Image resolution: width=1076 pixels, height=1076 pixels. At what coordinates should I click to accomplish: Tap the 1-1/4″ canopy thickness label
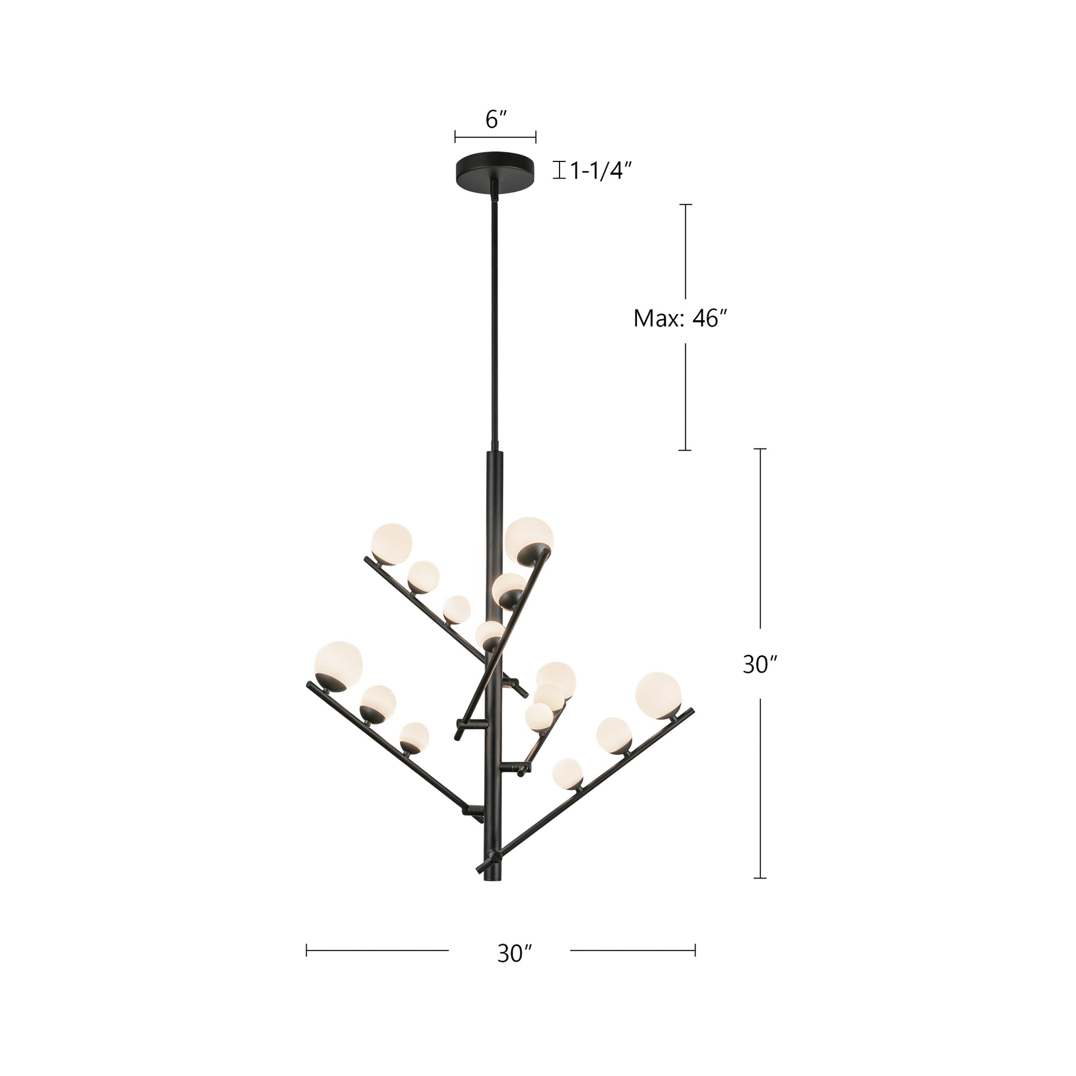click(602, 170)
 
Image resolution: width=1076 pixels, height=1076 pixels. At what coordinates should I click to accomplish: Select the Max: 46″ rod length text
click(681, 318)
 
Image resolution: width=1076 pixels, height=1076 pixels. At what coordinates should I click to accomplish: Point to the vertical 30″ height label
click(760, 665)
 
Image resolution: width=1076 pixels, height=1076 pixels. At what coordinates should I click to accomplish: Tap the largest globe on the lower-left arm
click(338, 666)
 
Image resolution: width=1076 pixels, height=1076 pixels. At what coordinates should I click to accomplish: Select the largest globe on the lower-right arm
click(658, 694)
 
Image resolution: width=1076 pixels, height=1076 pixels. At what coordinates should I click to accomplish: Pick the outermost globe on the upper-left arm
click(392, 543)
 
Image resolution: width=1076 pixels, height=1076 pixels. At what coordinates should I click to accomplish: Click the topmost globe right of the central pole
click(529, 537)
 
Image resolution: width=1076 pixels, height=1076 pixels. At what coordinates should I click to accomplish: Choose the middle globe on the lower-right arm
click(614, 735)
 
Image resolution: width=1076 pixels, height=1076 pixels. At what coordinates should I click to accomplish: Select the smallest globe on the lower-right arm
click(567, 774)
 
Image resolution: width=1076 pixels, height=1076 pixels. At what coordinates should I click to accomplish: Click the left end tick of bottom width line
click(307, 949)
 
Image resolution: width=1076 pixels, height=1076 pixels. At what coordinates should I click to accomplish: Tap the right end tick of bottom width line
click(695, 949)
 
